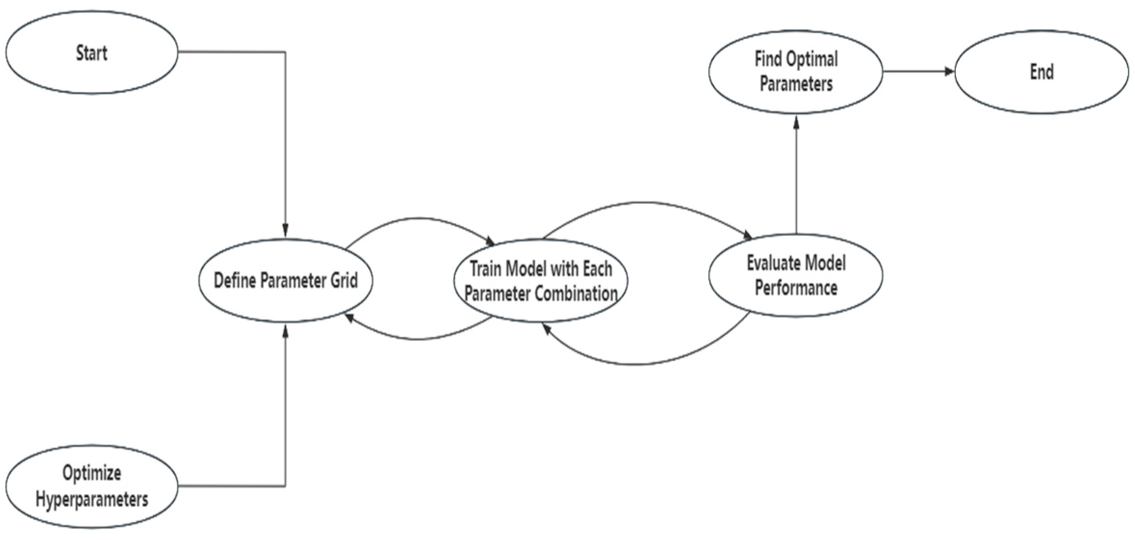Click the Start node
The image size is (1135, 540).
tap(91, 52)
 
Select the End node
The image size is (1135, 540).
tap(1041, 72)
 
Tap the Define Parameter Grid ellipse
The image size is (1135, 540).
tap(285, 280)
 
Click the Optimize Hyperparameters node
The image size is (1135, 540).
tap(91, 486)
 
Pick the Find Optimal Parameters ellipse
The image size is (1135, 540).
tap(796, 72)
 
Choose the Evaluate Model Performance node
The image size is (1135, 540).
tap(796, 275)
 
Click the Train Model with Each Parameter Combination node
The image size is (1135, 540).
tap(541, 280)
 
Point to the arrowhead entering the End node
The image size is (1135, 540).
tap(949, 72)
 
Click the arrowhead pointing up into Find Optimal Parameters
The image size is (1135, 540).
tap(796, 122)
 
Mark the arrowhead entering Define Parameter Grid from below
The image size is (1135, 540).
tap(285, 330)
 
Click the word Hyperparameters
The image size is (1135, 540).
tap(91, 500)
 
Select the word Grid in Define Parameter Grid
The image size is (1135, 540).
tap(344, 280)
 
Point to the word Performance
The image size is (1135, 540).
tap(796, 288)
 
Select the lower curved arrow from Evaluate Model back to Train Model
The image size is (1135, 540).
tap(635, 364)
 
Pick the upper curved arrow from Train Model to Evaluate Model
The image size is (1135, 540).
tap(645, 203)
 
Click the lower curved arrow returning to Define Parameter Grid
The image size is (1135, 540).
tap(419, 339)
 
